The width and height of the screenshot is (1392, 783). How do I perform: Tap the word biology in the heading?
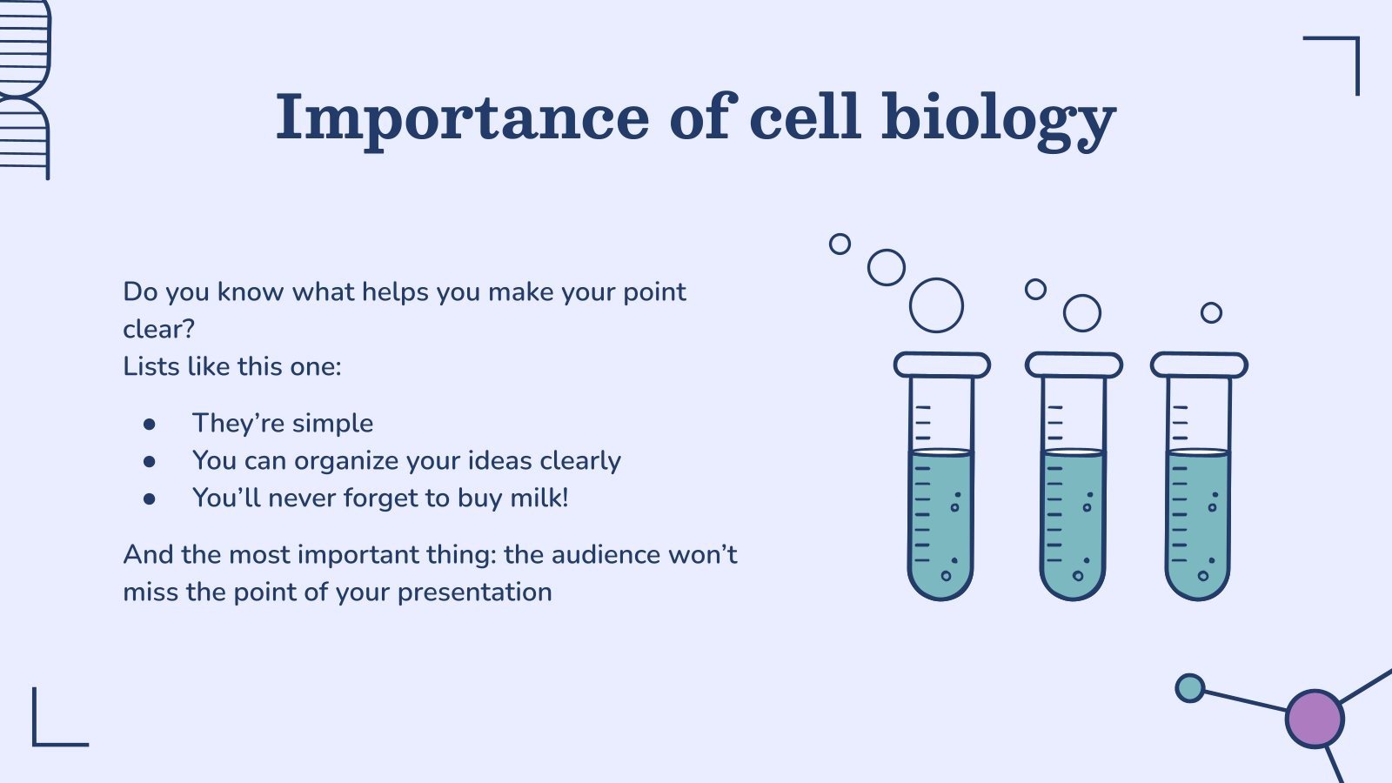tap(998, 118)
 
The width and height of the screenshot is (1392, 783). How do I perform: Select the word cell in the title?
tap(805, 118)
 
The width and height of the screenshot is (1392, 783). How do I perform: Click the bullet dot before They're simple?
tap(150, 424)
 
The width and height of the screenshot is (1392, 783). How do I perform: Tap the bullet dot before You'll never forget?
tap(150, 499)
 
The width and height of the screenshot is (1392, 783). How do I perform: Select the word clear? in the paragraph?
tap(158, 329)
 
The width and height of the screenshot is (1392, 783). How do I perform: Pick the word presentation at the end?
tap(474, 592)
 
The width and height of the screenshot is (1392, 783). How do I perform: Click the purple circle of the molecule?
tap(1315, 719)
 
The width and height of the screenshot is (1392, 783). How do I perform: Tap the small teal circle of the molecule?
tap(1189, 688)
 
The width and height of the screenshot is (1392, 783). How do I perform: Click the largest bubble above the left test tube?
tap(936, 305)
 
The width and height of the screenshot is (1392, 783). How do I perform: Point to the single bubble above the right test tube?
tap(1211, 312)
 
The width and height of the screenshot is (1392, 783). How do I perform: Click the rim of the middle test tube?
tap(1074, 365)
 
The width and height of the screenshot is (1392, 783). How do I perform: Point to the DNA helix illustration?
tap(23, 87)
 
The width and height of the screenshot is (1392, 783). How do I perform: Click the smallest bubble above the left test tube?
tap(840, 244)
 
